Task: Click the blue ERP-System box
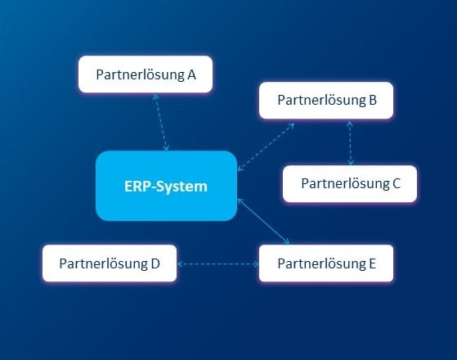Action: (166, 186)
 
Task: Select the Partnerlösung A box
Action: (146, 74)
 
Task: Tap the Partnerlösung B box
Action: (326, 101)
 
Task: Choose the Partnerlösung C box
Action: (350, 183)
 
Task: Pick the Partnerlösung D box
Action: (109, 263)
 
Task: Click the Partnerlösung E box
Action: (326, 263)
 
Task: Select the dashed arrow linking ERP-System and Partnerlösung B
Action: (266, 147)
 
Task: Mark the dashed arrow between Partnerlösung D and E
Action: (217, 264)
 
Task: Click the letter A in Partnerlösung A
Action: (191, 74)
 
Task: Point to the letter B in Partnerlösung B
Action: (372, 101)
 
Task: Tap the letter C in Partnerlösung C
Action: (396, 183)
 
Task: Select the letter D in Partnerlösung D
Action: (154, 263)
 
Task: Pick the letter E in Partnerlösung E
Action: (372, 263)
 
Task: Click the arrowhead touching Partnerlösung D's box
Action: (181, 264)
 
